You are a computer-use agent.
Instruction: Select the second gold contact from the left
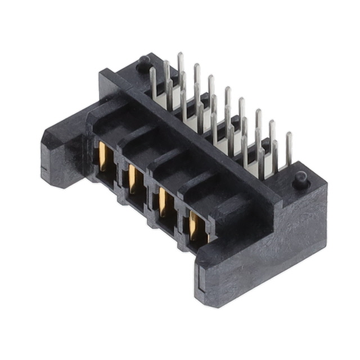133,179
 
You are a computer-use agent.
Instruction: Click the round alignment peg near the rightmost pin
300,179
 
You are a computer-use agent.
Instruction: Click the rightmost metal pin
289,149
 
